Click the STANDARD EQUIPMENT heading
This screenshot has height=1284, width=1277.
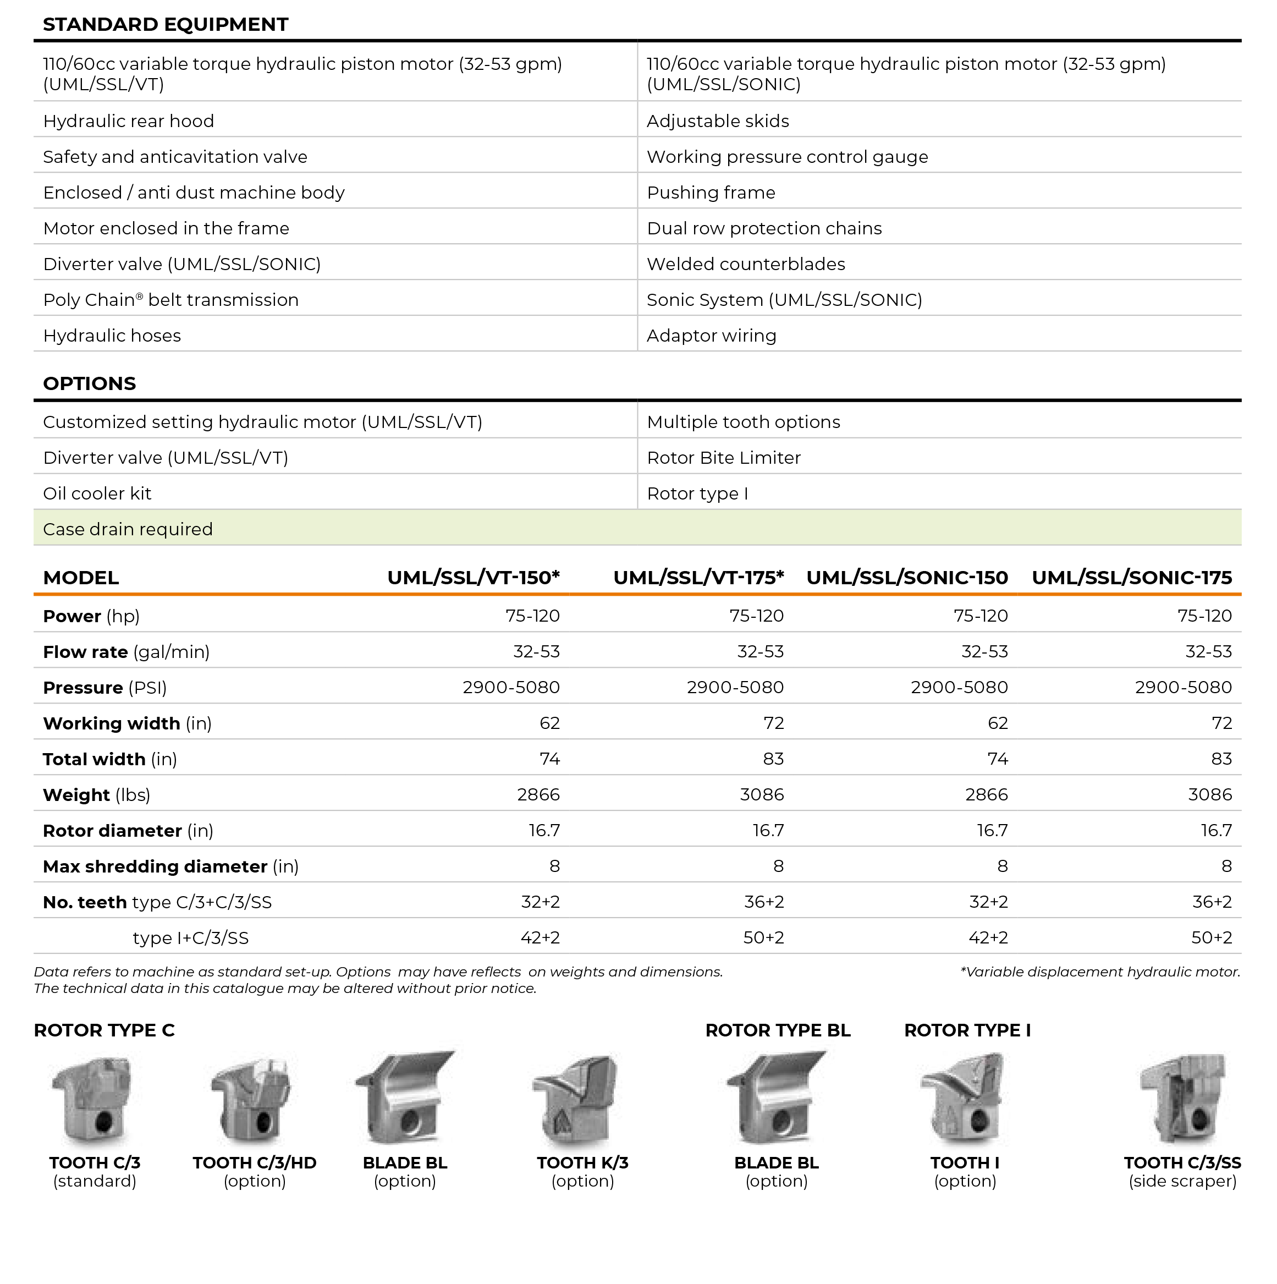[x=166, y=25]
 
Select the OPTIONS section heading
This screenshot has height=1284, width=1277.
[x=89, y=383]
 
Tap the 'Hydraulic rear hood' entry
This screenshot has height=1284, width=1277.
[x=128, y=121]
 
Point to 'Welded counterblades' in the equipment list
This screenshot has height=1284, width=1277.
[x=746, y=264]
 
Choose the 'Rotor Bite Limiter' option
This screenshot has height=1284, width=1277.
[x=724, y=457]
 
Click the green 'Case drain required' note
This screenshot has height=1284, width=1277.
[x=128, y=529]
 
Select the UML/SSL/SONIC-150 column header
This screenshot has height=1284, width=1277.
[x=907, y=578]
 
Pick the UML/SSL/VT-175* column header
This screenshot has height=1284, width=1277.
[x=698, y=578]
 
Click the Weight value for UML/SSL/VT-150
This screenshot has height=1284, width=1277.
[x=538, y=794]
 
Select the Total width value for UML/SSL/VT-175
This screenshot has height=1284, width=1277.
[x=773, y=759]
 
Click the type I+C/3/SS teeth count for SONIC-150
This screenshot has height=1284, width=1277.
[x=988, y=938]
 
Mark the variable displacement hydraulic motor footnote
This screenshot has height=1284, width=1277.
[x=1100, y=972]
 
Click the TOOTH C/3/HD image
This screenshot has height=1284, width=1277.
[x=252, y=1099]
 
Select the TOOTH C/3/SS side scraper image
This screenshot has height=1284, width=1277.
[x=1182, y=1099]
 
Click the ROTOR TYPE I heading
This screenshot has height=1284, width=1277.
[x=967, y=1030]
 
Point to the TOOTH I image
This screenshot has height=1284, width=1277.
[x=964, y=1099]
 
